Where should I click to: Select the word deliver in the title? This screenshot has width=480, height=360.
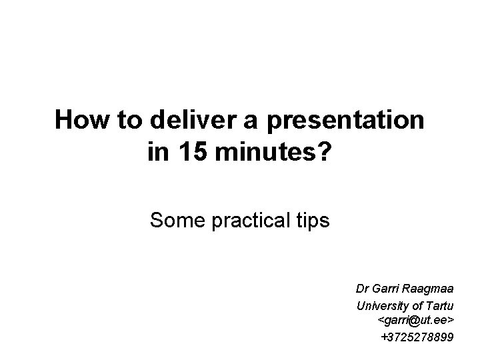coord(187,121)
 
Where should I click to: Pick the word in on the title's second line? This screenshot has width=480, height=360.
coord(157,153)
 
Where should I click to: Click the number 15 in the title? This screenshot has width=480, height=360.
coord(191,153)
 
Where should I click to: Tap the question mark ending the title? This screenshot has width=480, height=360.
coord(325,153)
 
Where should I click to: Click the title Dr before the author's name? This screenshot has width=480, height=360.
coord(362,289)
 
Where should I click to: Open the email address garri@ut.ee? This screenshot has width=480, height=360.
coord(417,321)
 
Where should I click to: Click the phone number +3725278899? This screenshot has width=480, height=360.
coord(417,337)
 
